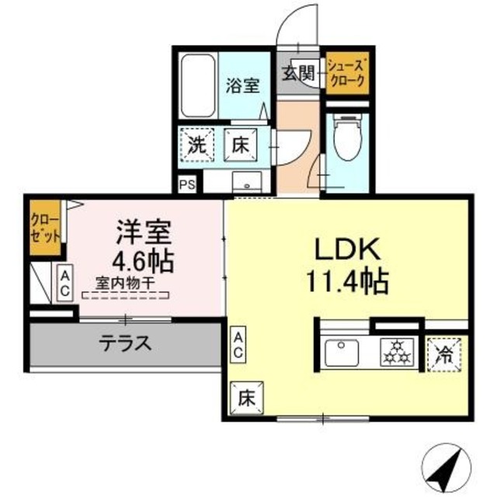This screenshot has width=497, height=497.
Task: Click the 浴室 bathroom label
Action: click(x=242, y=85)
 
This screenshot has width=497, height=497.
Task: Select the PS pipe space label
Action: click(x=186, y=185)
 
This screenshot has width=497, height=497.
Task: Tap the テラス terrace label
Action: click(x=123, y=342)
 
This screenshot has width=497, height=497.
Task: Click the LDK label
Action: click(x=346, y=250)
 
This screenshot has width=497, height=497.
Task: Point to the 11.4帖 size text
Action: click(x=347, y=281)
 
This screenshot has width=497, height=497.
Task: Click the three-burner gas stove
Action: click(x=397, y=353)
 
